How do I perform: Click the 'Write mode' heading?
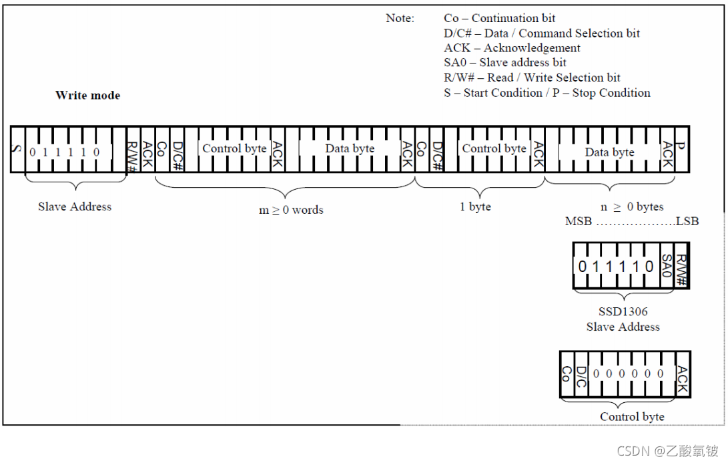click(88, 96)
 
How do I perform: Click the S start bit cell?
click(17, 148)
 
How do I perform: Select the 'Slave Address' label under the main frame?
click(75, 206)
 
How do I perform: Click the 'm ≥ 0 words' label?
click(291, 210)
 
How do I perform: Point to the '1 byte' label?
click(475, 206)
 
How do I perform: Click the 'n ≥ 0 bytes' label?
click(632, 206)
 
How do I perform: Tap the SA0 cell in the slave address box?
click(665, 267)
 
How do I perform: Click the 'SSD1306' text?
click(623, 311)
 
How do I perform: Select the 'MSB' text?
click(578, 221)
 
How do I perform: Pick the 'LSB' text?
click(687, 221)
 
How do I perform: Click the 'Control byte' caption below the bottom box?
click(632, 417)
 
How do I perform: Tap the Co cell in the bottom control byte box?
click(567, 375)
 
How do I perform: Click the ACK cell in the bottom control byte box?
click(681, 375)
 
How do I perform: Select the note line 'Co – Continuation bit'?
click(500, 19)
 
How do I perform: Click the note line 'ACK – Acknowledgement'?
click(512, 48)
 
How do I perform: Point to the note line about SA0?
click(505, 63)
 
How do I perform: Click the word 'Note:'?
click(400, 19)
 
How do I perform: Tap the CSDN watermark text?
click(667, 451)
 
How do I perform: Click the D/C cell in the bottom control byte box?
click(581, 375)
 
